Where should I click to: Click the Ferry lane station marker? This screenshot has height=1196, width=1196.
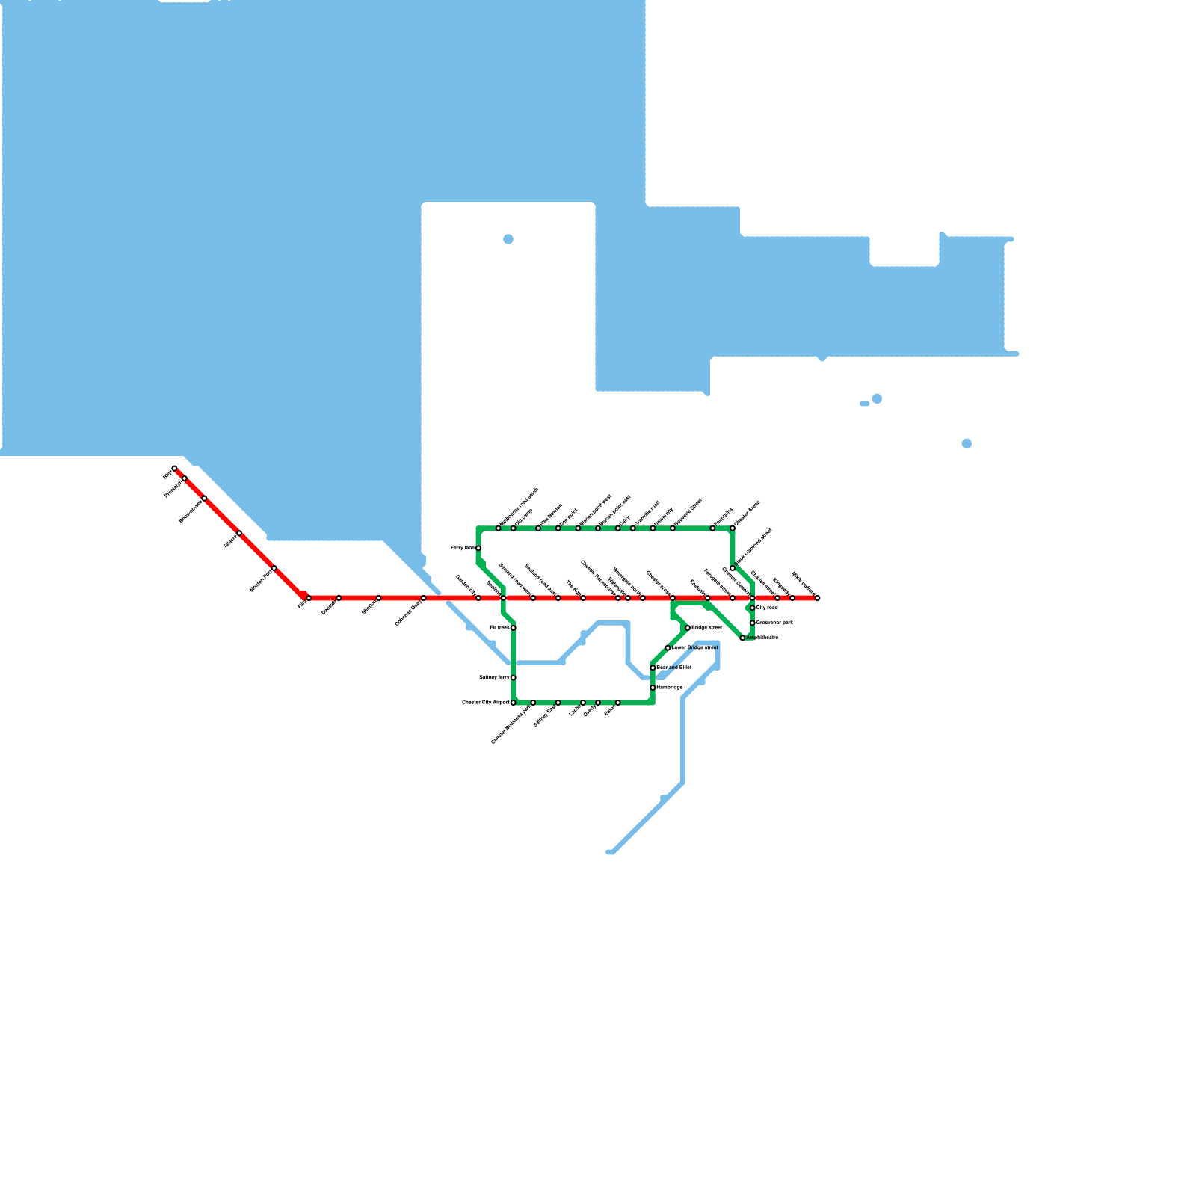pos(478,549)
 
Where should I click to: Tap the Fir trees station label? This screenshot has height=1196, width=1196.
pos(499,628)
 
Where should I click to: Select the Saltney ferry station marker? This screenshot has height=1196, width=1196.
pos(514,678)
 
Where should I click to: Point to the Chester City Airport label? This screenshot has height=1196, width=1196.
pos(486,703)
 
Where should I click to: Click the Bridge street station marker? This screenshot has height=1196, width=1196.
pos(688,628)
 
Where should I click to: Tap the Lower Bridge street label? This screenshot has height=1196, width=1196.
pos(694,647)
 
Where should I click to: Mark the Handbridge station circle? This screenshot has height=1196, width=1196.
pos(653,688)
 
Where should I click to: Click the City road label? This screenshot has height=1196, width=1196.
pos(768,608)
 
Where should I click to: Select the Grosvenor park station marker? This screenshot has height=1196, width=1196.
pos(753,623)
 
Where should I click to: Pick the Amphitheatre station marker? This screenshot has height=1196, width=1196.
pos(742,638)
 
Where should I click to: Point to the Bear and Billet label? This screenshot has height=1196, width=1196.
pos(673,668)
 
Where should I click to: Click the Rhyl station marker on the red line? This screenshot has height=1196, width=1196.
pos(174,469)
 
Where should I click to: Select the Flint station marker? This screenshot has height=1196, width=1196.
pos(309,598)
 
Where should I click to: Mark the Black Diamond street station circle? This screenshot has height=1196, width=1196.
pos(733,568)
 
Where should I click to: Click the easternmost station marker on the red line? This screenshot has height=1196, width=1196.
pos(817,598)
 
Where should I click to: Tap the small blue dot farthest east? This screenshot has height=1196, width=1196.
pos(967,444)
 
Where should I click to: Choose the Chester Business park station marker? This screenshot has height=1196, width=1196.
pos(533,703)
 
